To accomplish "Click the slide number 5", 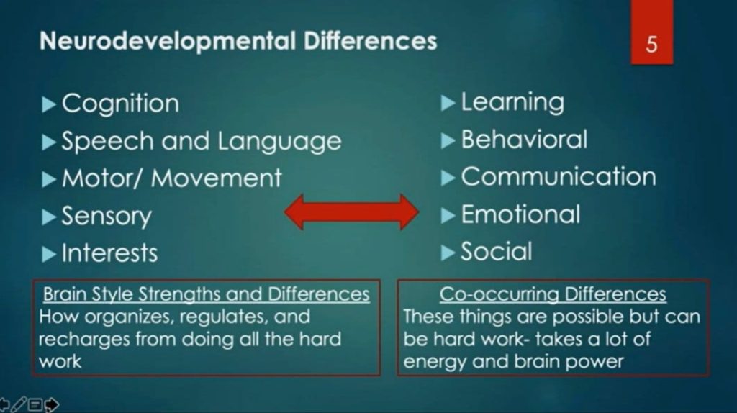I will point(651,45).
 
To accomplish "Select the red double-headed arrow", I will point(351,212).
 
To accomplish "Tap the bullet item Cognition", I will point(120,104).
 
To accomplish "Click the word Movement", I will point(217,178).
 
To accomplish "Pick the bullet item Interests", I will point(109,253).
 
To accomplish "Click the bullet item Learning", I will point(512,103).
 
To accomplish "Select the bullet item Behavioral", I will point(523,140).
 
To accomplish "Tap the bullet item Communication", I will point(558,177).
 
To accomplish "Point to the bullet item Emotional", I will point(520,214).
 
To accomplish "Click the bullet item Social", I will point(496,252).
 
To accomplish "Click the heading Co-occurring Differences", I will point(553,294).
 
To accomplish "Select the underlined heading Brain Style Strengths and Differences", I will point(206,294).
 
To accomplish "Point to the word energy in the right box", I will point(430,361).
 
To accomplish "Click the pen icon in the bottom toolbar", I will point(19,404).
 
